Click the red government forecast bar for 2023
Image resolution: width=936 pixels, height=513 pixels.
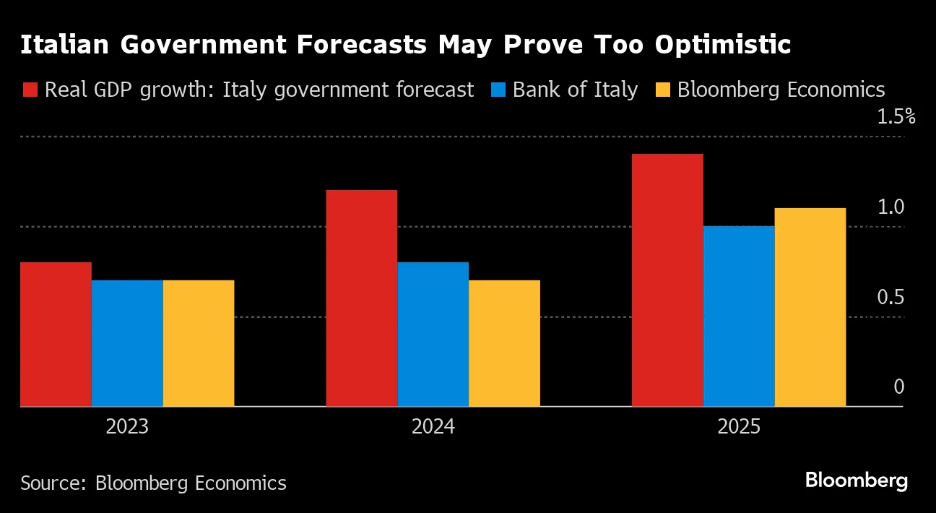click(56, 334)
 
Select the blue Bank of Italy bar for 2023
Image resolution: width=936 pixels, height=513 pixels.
click(127, 343)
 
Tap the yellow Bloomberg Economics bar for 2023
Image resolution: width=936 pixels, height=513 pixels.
click(199, 343)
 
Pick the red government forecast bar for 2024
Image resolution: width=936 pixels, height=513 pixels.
click(361, 298)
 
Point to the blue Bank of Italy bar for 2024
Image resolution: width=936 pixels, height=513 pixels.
click(433, 334)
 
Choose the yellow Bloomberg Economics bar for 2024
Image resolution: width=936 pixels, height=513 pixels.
click(504, 343)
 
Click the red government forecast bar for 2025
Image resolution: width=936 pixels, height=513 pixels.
click(667, 280)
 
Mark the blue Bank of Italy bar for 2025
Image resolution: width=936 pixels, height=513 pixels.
click(739, 316)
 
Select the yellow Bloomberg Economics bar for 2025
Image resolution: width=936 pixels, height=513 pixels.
click(810, 307)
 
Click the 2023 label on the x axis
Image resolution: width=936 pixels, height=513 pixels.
click(127, 427)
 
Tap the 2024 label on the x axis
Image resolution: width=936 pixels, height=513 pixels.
click(433, 427)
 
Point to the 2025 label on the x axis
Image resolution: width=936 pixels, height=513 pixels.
click(739, 427)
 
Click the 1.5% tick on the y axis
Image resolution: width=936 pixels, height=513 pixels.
click(896, 117)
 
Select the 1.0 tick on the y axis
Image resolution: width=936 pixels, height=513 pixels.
click(891, 207)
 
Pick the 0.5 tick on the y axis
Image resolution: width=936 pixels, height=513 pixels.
click(891, 298)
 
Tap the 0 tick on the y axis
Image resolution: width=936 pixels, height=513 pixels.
click(898, 387)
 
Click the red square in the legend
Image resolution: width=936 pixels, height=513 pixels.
click(30, 90)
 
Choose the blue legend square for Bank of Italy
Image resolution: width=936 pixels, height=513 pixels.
click(498, 90)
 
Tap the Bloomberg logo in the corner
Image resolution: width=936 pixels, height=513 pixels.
click(856, 480)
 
